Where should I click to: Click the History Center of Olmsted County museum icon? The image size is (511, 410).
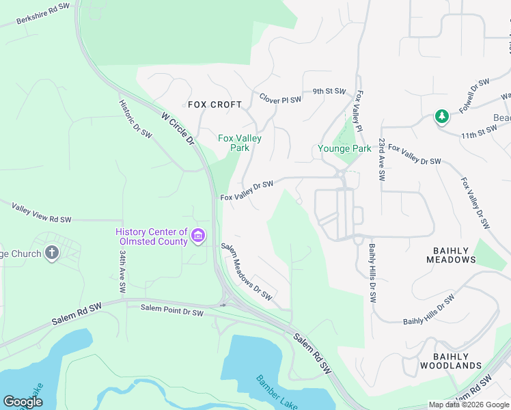pyautogui.click(x=198, y=236)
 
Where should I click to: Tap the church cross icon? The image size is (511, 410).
pyautogui.click(x=51, y=254)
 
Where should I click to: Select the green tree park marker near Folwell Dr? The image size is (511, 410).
pyautogui.click(x=442, y=117)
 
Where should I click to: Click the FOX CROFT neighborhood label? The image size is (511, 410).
pyautogui.click(x=215, y=105)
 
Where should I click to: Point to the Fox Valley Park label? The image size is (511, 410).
pyautogui.click(x=239, y=143)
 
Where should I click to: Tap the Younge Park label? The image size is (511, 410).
pyautogui.click(x=344, y=148)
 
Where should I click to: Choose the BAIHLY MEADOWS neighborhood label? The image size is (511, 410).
pyautogui.click(x=451, y=255)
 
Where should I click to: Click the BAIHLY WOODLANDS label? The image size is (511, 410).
pyautogui.click(x=451, y=361)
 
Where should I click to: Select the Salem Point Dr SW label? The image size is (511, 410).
pyautogui.click(x=172, y=311)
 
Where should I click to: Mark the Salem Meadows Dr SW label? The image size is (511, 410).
pyautogui.click(x=247, y=272)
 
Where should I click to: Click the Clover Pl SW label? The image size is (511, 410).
pyautogui.click(x=280, y=100)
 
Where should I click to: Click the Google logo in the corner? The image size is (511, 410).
pyautogui.click(x=23, y=402)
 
